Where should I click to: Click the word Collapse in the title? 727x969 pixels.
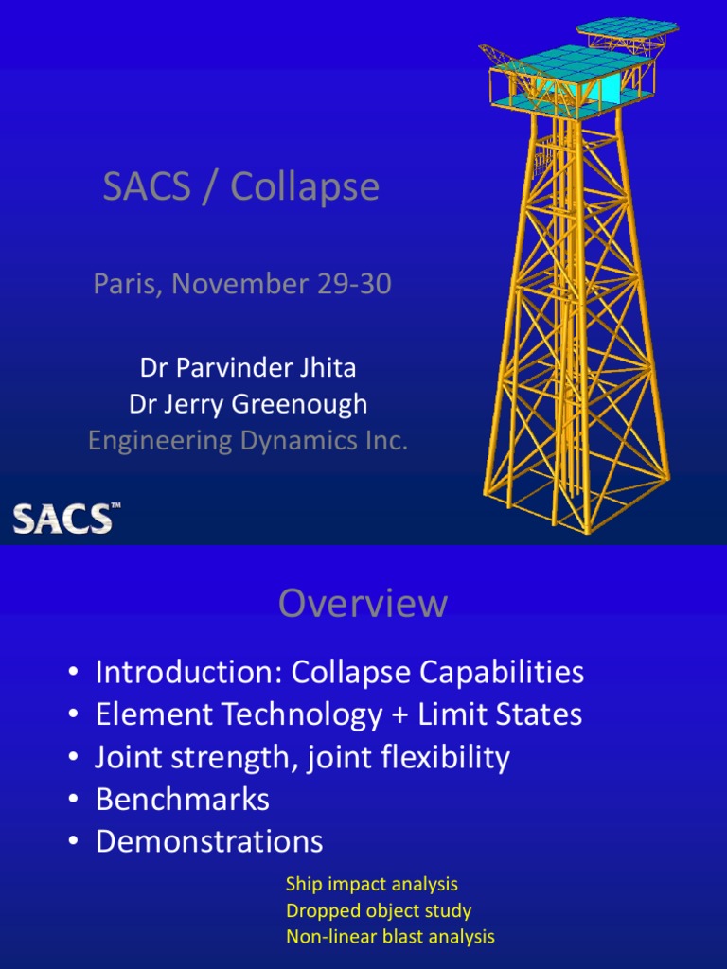click(x=305, y=187)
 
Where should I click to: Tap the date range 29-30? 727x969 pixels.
click(x=355, y=284)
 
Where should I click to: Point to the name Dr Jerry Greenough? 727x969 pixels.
click(x=248, y=404)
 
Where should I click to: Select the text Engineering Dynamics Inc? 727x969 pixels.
click(x=248, y=440)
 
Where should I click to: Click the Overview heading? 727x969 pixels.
click(x=363, y=604)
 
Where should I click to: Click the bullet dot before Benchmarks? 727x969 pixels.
click(x=73, y=801)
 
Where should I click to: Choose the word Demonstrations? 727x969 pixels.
click(x=209, y=841)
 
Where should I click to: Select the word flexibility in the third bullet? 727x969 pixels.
click(x=441, y=757)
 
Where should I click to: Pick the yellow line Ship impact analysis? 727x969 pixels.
click(x=371, y=884)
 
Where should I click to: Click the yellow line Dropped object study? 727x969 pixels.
click(x=378, y=911)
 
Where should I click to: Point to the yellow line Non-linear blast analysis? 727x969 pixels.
click(x=390, y=938)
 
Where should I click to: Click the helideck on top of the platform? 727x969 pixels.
click(x=628, y=28)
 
